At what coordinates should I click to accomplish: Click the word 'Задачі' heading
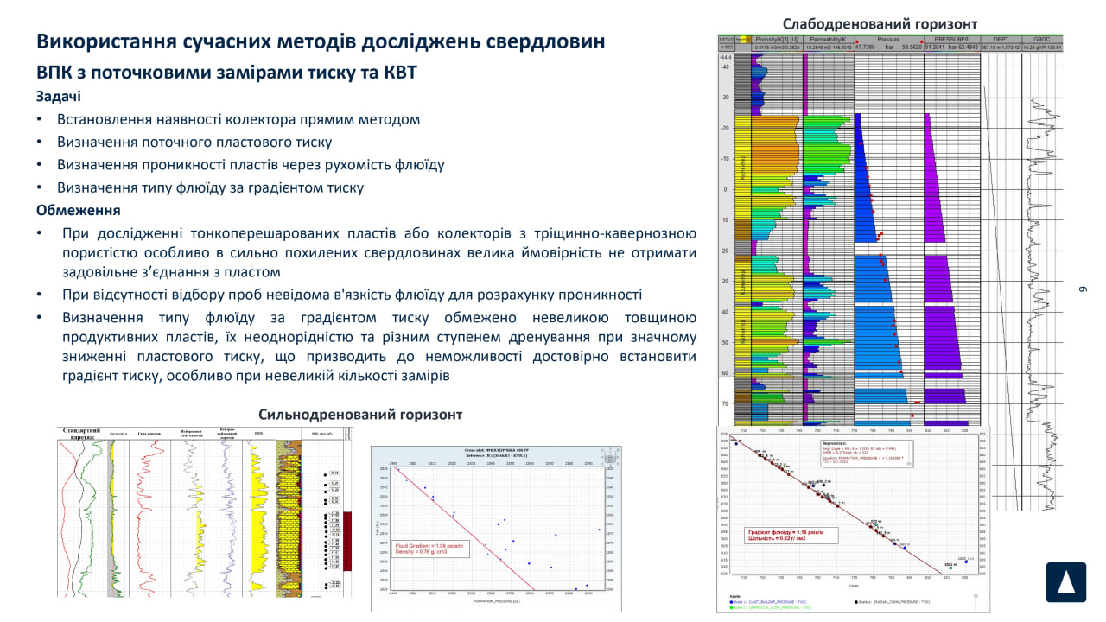60,96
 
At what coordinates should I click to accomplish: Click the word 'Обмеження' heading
78,210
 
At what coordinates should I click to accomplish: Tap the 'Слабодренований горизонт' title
880,23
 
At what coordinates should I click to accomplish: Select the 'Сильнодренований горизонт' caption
360,415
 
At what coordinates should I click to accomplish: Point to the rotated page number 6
1081,289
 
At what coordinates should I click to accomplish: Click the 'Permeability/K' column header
828,40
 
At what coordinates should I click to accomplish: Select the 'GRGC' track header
1042,40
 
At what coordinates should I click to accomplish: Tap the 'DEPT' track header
1001,40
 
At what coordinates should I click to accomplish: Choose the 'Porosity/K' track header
776,40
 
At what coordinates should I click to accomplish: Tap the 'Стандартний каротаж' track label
84,433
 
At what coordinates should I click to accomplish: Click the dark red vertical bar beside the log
348,541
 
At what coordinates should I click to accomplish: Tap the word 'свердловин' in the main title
544,41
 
